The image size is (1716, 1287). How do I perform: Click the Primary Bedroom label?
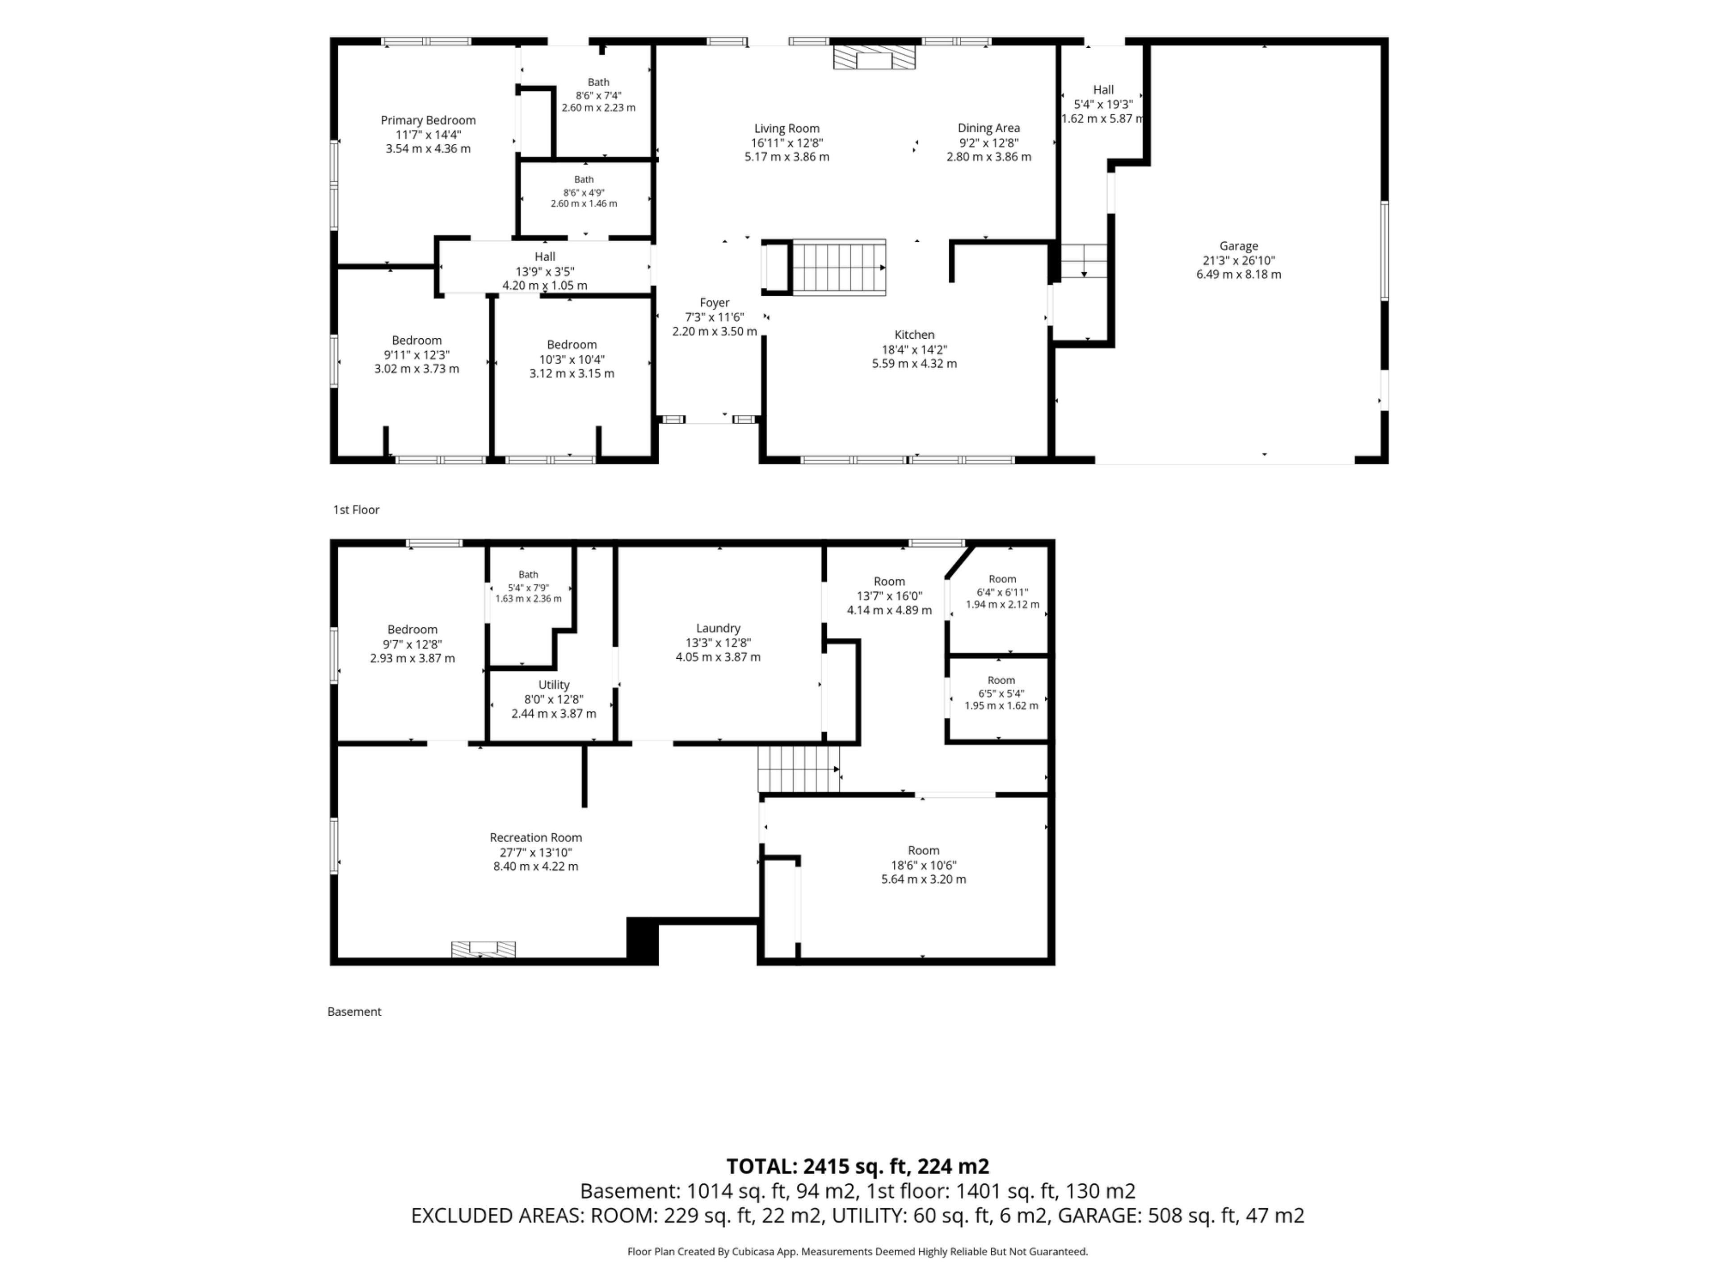428,120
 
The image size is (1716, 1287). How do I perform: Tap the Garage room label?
1238,246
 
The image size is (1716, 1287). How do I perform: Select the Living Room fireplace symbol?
874,57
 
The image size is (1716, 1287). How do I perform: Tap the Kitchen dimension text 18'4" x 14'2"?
915,349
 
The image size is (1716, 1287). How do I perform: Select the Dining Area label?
988,128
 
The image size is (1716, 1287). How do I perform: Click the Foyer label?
715,303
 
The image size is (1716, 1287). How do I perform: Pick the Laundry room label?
719,628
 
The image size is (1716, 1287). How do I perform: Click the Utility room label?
554,685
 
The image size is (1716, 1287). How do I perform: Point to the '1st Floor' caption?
356,510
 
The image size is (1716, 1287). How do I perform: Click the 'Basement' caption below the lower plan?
354,1012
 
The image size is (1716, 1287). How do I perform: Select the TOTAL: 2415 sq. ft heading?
858,1167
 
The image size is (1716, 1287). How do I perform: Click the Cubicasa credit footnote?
858,1251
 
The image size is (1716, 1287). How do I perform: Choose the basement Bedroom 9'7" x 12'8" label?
413,644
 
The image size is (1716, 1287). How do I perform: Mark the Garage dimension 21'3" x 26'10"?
1238,261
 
